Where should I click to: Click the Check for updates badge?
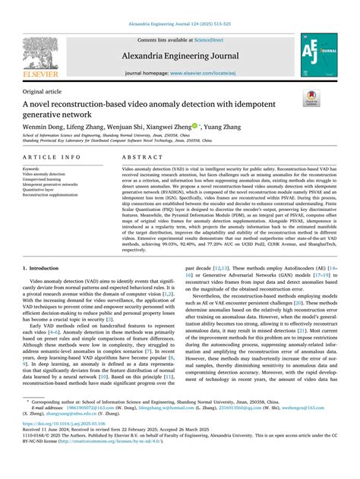[x=311, y=99]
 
